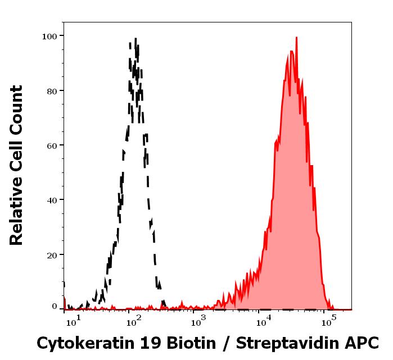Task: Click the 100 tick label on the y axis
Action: [50, 36]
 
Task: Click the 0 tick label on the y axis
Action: [55, 307]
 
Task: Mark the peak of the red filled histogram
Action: [296, 38]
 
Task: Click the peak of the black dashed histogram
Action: [135, 39]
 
